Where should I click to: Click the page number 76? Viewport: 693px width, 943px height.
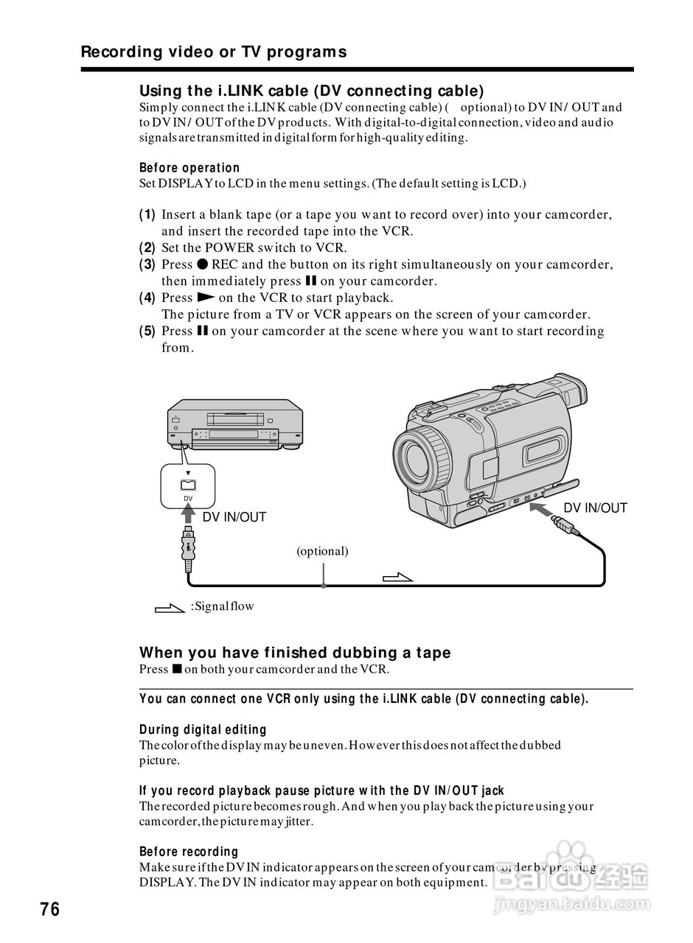click(49, 909)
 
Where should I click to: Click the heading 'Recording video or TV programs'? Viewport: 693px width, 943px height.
click(213, 52)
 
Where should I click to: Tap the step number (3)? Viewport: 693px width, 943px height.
click(147, 264)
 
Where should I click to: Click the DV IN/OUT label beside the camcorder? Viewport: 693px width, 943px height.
click(595, 508)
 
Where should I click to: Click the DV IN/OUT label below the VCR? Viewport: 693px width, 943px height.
click(234, 517)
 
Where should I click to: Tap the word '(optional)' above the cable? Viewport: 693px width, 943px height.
click(322, 551)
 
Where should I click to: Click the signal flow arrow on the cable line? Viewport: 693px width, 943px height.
click(398, 577)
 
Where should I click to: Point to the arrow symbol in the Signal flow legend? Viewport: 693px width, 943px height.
click(169, 608)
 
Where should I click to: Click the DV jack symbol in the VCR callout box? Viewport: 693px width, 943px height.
click(188, 485)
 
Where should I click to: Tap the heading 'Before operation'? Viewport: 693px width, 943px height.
click(189, 168)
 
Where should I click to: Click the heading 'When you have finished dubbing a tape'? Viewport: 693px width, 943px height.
click(295, 653)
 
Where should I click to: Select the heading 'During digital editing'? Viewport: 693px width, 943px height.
click(203, 729)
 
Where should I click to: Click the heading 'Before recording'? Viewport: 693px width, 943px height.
click(189, 852)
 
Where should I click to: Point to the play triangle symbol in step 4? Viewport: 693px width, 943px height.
click(206, 298)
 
